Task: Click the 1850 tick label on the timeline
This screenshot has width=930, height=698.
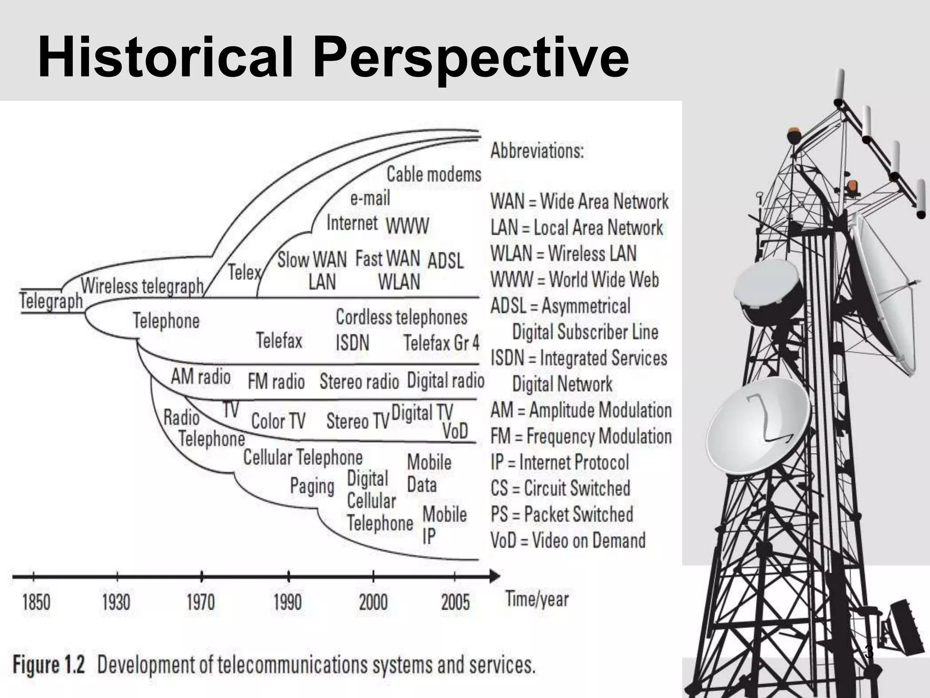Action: point(36,603)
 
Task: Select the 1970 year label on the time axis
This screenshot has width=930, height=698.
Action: point(201,603)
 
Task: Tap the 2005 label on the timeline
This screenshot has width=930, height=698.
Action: point(455,603)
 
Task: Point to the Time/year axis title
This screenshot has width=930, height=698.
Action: point(537,599)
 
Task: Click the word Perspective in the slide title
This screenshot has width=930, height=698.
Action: point(471,58)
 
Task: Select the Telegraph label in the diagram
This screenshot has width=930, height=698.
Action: point(51,301)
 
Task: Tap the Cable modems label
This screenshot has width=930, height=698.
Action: point(434,174)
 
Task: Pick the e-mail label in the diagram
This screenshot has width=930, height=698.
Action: point(370,198)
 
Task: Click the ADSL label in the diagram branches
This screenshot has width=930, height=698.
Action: point(445,261)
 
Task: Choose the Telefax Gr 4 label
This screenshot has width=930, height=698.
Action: point(441,343)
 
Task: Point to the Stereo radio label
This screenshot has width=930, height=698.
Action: point(359,382)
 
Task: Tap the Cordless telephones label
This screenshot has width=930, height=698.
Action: point(401,317)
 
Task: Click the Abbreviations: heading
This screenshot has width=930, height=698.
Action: point(537,151)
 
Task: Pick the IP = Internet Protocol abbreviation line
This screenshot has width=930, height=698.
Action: point(559,463)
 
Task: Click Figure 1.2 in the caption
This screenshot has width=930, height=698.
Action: point(49,665)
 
